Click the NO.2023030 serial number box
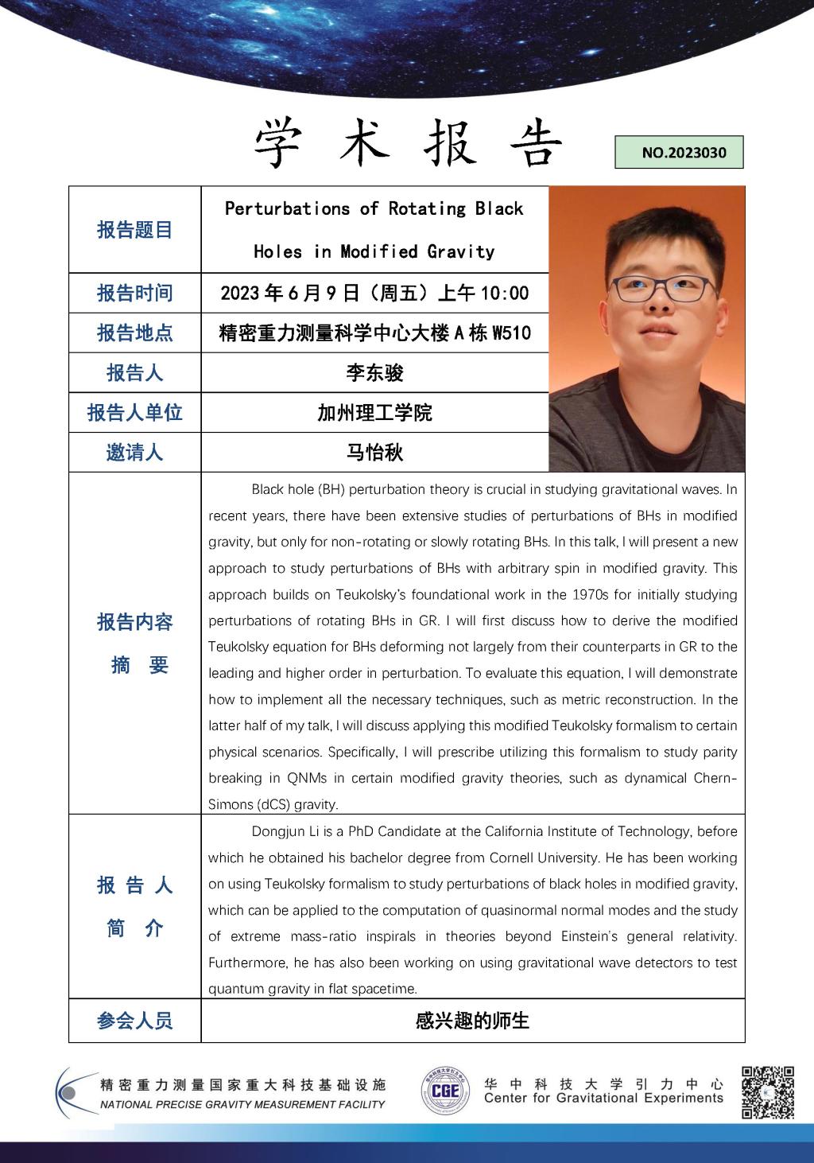[x=679, y=153]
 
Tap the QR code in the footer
[x=767, y=1092]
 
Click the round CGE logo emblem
[x=444, y=1091]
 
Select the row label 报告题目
[x=134, y=230]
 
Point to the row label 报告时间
[x=134, y=293]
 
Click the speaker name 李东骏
[x=374, y=372]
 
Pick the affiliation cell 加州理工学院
[x=374, y=413]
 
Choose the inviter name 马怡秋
[x=374, y=453]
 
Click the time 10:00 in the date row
[x=505, y=294]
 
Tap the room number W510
[x=511, y=333]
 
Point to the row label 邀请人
[x=134, y=453]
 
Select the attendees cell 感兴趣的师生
[x=472, y=1021]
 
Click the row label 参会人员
[x=134, y=1021]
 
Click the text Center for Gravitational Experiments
[x=603, y=1099]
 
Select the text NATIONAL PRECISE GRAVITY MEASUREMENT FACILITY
[x=242, y=1104]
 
